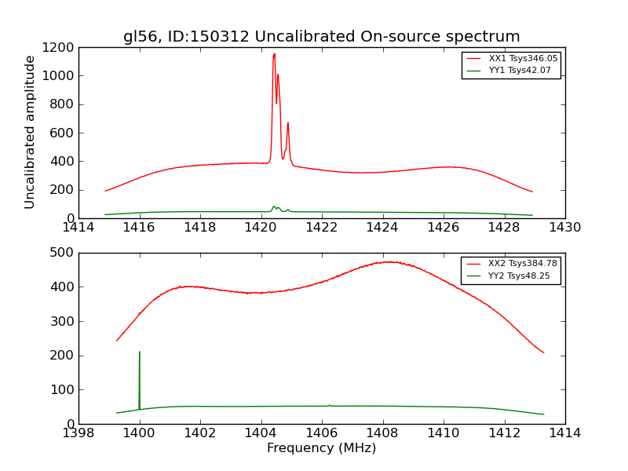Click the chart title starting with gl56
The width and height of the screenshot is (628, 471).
(x=321, y=37)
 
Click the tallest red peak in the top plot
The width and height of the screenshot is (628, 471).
(x=274, y=54)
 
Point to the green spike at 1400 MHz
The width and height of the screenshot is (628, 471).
(x=140, y=352)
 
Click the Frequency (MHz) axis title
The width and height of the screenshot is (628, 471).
(x=321, y=448)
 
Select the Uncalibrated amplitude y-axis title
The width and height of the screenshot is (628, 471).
(x=30, y=132)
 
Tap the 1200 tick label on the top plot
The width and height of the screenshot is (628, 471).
(x=60, y=48)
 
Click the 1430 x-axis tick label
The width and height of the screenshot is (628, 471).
(x=564, y=228)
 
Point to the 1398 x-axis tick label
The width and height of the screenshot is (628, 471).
(x=78, y=433)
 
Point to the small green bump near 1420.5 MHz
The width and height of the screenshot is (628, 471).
(x=274, y=207)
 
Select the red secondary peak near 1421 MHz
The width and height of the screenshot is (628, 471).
(x=288, y=123)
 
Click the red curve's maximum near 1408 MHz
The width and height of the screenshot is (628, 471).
(x=389, y=262)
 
